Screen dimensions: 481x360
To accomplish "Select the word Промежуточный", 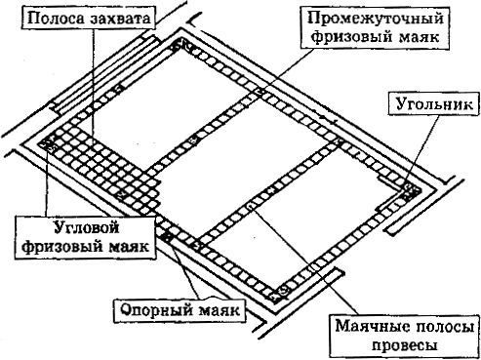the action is (376, 20).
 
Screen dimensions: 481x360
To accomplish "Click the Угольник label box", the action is (434, 104).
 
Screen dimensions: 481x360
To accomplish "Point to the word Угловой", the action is (86, 227).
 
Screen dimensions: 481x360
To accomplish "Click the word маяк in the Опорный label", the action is (219, 310).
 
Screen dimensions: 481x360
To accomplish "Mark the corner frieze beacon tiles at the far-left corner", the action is (47, 143).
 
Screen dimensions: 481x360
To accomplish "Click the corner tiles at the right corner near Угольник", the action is (412, 192).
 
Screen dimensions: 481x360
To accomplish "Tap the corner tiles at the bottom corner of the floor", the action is (278, 294).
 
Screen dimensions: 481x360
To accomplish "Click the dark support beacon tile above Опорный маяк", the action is (168, 236).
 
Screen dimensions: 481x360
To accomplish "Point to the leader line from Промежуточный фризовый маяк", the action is (288, 70).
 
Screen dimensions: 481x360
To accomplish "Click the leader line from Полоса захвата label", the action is (94, 86).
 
